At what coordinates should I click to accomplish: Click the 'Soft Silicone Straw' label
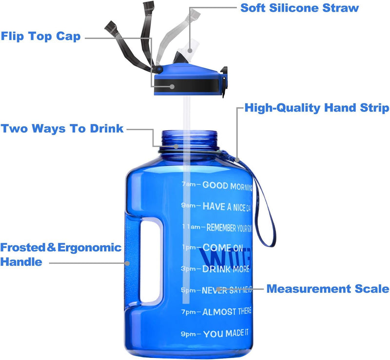[x=299, y=8]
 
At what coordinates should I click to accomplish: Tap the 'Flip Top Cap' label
[x=40, y=37]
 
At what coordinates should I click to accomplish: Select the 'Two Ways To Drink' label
[x=62, y=129]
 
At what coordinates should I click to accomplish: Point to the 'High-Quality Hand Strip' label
[x=317, y=108]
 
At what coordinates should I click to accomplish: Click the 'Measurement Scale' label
[x=328, y=289]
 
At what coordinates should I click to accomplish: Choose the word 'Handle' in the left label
[x=21, y=262]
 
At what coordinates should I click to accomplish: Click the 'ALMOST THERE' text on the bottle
[x=227, y=312]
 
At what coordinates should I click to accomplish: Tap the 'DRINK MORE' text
[x=226, y=269]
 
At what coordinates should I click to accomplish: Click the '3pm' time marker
[x=189, y=269]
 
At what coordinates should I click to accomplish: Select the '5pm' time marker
[x=189, y=290]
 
